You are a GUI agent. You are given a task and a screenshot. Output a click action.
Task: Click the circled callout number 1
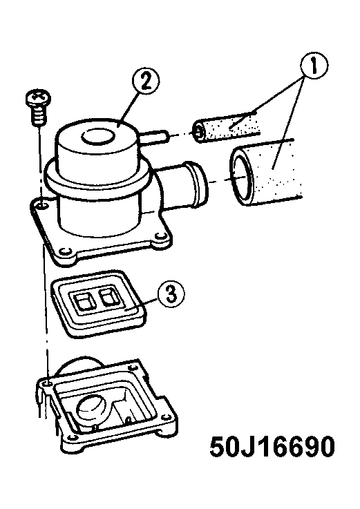[x=314, y=65]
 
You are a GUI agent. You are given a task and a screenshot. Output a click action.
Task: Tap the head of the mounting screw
[x=38, y=97]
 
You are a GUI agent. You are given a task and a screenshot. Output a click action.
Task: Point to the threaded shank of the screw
[x=39, y=116]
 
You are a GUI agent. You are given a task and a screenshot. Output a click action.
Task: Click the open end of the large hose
[x=242, y=177]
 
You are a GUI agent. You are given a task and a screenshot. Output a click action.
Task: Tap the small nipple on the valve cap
[x=153, y=135]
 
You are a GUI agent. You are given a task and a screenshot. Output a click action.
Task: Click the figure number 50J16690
[x=272, y=446]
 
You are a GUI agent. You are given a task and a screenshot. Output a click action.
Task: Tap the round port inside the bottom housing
[x=92, y=408]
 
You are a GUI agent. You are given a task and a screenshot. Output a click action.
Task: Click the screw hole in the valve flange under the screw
[x=41, y=205]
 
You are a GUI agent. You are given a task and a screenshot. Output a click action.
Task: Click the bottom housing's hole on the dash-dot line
[x=48, y=384]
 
